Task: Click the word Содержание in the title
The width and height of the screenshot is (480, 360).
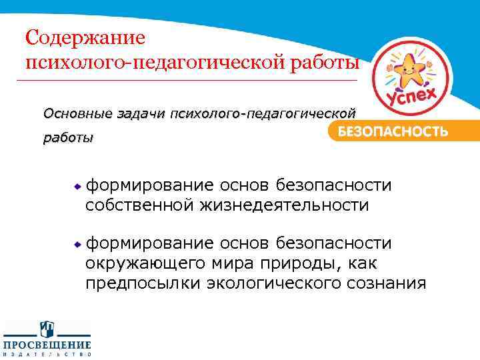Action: coord(83,37)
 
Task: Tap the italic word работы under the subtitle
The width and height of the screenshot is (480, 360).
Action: coord(68,138)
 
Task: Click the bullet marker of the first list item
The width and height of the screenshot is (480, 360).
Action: coord(77,185)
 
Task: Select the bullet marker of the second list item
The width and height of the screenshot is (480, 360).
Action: coord(77,245)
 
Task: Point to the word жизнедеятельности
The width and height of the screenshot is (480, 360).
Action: coord(285,204)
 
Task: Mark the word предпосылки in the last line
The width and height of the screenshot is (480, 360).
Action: coord(143,283)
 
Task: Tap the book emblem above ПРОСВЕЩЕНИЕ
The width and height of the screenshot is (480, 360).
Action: coord(47,329)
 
